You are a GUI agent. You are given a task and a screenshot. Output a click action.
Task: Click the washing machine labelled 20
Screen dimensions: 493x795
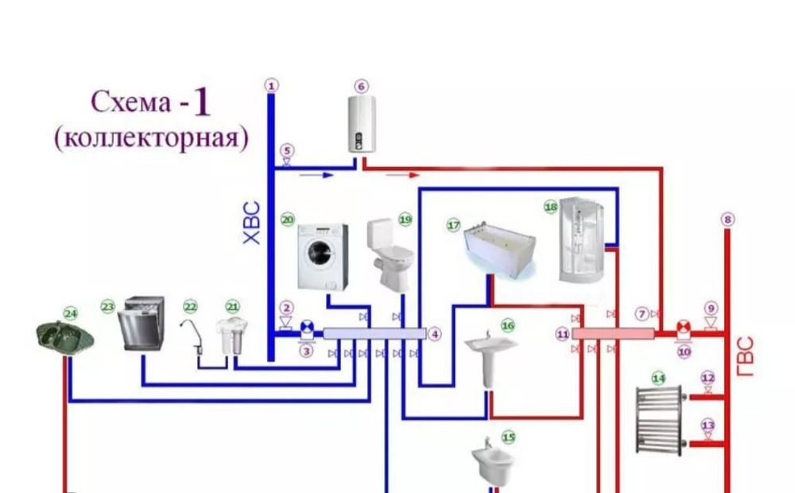pyautogui.click(x=322, y=256)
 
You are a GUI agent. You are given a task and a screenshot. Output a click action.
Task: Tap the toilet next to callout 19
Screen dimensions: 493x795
pyautogui.click(x=390, y=255)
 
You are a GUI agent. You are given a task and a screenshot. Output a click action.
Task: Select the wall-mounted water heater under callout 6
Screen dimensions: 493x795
pyautogui.click(x=362, y=123)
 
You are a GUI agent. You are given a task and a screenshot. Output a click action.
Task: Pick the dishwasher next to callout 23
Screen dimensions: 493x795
pyautogui.click(x=142, y=323)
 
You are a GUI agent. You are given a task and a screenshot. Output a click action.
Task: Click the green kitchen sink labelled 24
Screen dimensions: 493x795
pyautogui.click(x=66, y=334)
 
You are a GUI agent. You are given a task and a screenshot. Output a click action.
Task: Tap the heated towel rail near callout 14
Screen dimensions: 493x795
pyautogui.click(x=659, y=419)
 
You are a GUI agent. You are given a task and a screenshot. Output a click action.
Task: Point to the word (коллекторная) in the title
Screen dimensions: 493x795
pyautogui.click(x=151, y=138)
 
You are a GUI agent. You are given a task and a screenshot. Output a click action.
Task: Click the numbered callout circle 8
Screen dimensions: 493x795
pyautogui.click(x=726, y=219)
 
